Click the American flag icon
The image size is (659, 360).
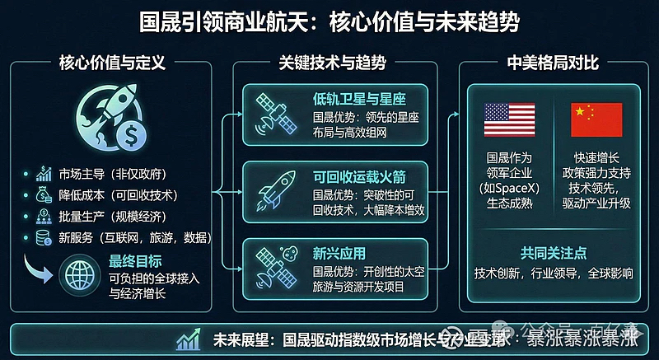(509, 119)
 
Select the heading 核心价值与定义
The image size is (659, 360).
(112, 63)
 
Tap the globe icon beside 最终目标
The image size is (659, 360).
(82, 271)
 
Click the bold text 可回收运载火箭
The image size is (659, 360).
(354, 177)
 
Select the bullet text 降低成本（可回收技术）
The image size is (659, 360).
(119, 196)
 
